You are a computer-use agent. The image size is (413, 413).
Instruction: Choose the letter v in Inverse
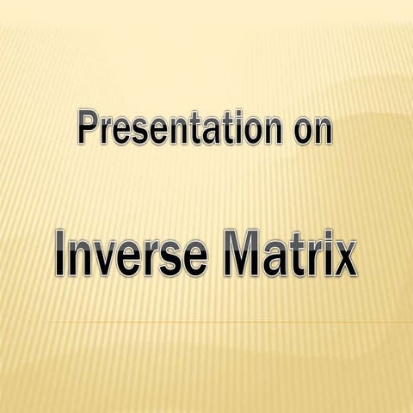111,256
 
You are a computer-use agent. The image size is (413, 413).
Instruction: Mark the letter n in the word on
322,133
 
